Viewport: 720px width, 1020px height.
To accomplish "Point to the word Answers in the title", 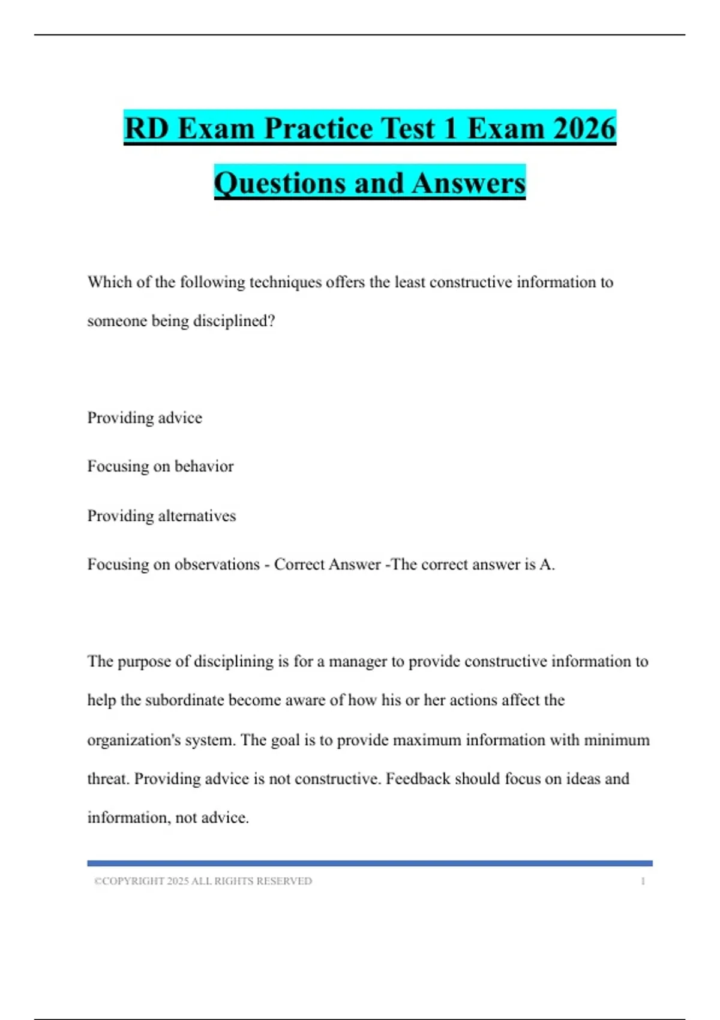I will point(469,183).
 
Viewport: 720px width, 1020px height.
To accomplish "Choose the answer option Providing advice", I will point(145,418).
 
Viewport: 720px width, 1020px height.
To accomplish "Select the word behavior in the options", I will point(203,466).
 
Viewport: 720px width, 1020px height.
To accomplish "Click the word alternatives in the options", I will point(197,515).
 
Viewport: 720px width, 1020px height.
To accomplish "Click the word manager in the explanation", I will point(358,661).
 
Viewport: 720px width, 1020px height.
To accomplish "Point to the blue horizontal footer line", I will point(370,863).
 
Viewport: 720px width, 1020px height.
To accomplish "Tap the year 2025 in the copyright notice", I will point(178,881).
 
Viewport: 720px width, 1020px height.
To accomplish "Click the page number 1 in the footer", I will point(643,881).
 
